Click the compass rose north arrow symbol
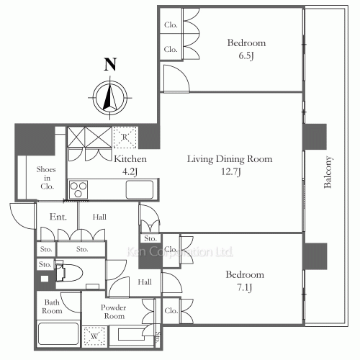(x=110, y=98)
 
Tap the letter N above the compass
(x=110, y=64)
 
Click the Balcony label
(x=328, y=172)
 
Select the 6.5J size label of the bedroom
(x=246, y=55)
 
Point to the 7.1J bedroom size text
(x=245, y=287)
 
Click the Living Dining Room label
(x=230, y=159)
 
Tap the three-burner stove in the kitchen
(x=78, y=189)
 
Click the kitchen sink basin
(x=140, y=189)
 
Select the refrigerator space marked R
(x=125, y=138)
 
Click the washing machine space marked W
(x=94, y=336)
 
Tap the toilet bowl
(x=69, y=273)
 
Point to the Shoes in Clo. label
(x=46, y=178)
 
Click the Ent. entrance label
(x=58, y=217)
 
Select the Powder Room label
(x=113, y=312)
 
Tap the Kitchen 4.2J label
(x=130, y=165)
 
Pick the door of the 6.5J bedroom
(x=176, y=78)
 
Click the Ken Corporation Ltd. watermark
(x=180, y=252)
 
